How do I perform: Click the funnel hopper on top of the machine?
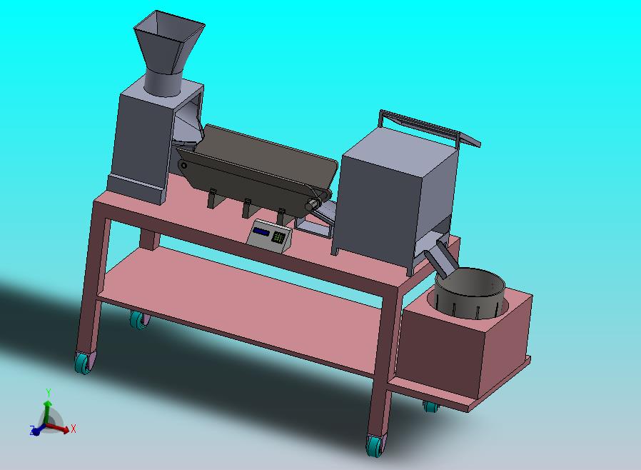tap(168, 45)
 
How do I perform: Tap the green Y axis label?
tap(49, 393)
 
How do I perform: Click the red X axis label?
tap(74, 429)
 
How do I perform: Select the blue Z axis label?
tap(31, 429)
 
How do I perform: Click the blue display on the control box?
tap(261, 232)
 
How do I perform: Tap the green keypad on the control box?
tap(278, 237)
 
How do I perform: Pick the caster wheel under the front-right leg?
tap(376, 445)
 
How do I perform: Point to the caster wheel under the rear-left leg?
tap(140, 319)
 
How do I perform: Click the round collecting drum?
tap(470, 293)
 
